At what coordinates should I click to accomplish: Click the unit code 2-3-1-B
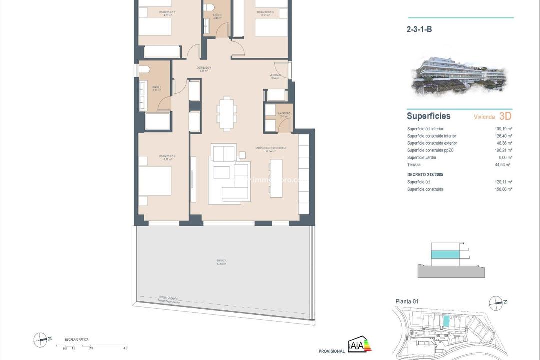click(x=419, y=29)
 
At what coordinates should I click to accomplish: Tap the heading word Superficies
click(x=428, y=116)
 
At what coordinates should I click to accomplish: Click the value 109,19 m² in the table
click(x=503, y=129)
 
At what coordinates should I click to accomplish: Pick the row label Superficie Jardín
click(x=421, y=157)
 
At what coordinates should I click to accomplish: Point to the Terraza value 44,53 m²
click(x=503, y=164)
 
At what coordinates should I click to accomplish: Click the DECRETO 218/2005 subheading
click(x=425, y=175)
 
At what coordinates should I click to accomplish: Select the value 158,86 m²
click(x=503, y=189)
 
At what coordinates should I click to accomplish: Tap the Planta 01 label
click(x=406, y=301)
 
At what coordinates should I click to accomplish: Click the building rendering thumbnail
click(x=459, y=75)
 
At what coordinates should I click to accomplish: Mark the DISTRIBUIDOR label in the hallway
click(x=204, y=69)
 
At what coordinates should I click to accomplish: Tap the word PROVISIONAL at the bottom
click(x=332, y=351)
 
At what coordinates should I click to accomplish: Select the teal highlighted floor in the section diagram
click(x=443, y=254)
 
